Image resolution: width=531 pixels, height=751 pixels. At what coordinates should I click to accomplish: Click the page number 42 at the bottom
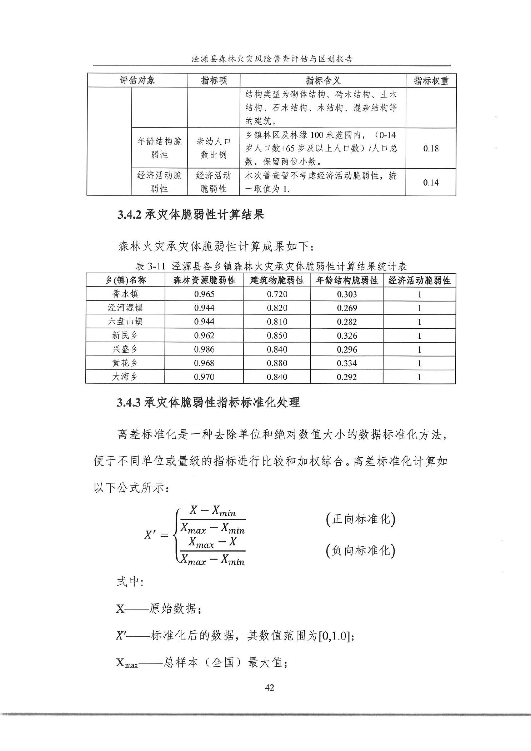[270, 687]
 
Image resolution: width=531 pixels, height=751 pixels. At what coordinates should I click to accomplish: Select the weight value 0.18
[431, 149]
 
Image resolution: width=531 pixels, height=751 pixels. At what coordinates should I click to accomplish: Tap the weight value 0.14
[431, 183]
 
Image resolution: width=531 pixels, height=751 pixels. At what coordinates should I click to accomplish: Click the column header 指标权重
[431, 80]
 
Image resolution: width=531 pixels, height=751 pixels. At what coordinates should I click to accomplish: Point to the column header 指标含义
[323, 80]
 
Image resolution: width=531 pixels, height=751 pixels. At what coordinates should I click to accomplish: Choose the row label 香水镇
[125, 294]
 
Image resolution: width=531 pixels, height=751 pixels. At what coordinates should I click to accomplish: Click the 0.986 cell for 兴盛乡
[204, 349]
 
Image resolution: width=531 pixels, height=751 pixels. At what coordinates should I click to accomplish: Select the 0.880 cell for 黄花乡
[277, 363]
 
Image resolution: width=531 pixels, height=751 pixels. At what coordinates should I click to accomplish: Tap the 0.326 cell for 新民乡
[347, 336]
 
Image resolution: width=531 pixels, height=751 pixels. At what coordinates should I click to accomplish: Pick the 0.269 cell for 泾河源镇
[347, 308]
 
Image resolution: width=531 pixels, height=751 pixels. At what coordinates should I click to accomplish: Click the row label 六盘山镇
[125, 322]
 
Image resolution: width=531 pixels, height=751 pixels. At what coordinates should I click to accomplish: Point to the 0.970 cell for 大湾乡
[204, 377]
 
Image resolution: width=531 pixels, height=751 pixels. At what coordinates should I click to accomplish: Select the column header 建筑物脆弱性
[277, 280]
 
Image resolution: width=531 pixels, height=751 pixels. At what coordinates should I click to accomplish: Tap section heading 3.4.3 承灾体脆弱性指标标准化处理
[208, 403]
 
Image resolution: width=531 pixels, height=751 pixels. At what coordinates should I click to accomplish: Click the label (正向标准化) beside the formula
[360, 519]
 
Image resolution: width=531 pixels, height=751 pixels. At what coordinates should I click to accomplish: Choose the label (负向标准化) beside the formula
[360, 551]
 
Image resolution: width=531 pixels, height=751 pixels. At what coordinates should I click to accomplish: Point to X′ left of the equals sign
[150, 535]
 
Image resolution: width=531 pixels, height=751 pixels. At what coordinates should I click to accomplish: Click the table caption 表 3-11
[150, 266]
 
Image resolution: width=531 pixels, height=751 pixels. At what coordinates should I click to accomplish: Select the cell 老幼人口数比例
[213, 148]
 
